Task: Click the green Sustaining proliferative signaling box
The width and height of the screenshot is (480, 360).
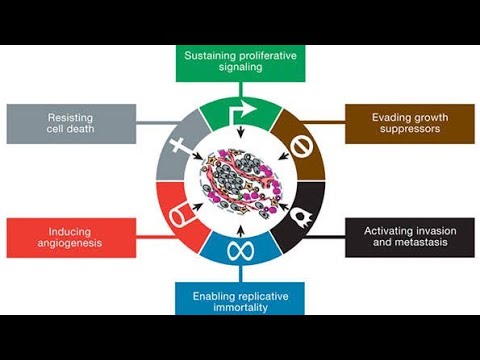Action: pyautogui.click(x=239, y=63)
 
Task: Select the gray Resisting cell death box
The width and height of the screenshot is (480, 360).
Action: pyautogui.click(x=70, y=123)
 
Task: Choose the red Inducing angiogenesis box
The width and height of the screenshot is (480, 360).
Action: pyautogui.click(x=70, y=237)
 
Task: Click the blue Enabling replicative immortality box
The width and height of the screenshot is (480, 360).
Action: pyautogui.click(x=239, y=297)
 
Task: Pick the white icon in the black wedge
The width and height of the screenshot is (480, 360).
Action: pyautogui.click(x=299, y=211)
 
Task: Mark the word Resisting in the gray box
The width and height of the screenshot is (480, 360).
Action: pyautogui.click(x=70, y=116)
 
